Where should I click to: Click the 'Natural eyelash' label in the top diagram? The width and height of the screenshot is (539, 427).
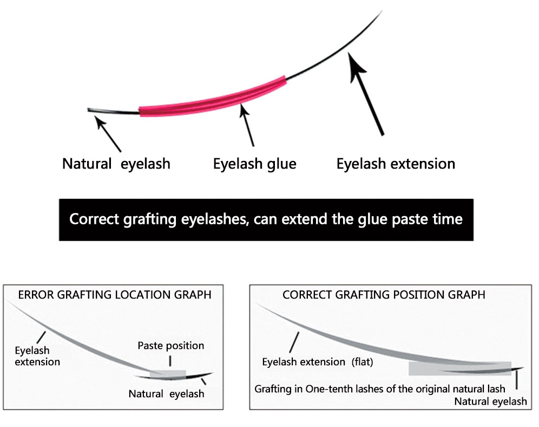coord(116,164)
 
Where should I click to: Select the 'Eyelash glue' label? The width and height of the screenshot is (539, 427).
coord(255,164)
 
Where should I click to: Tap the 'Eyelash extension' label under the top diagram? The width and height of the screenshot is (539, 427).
coord(396,164)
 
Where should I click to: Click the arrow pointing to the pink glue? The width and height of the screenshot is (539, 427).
coord(247,126)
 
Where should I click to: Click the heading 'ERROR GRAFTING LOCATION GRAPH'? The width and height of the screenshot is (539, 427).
coord(115,295)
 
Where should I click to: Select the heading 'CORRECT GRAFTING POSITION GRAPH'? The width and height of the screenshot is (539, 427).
coord(384,295)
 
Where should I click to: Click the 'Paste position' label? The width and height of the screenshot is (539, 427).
coord(171,346)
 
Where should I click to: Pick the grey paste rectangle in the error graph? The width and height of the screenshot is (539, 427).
coord(168,374)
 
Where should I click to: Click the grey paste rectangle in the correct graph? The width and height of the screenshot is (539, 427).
coord(459,368)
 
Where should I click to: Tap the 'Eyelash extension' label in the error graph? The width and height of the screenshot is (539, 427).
coord(37,356)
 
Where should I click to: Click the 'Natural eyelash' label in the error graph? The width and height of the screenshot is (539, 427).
coord(166,393)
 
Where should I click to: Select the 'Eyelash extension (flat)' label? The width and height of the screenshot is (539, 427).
coord(317,362)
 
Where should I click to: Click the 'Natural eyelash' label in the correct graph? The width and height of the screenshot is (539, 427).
coord(490,402)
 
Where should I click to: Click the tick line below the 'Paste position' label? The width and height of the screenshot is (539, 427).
coord(170,360)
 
